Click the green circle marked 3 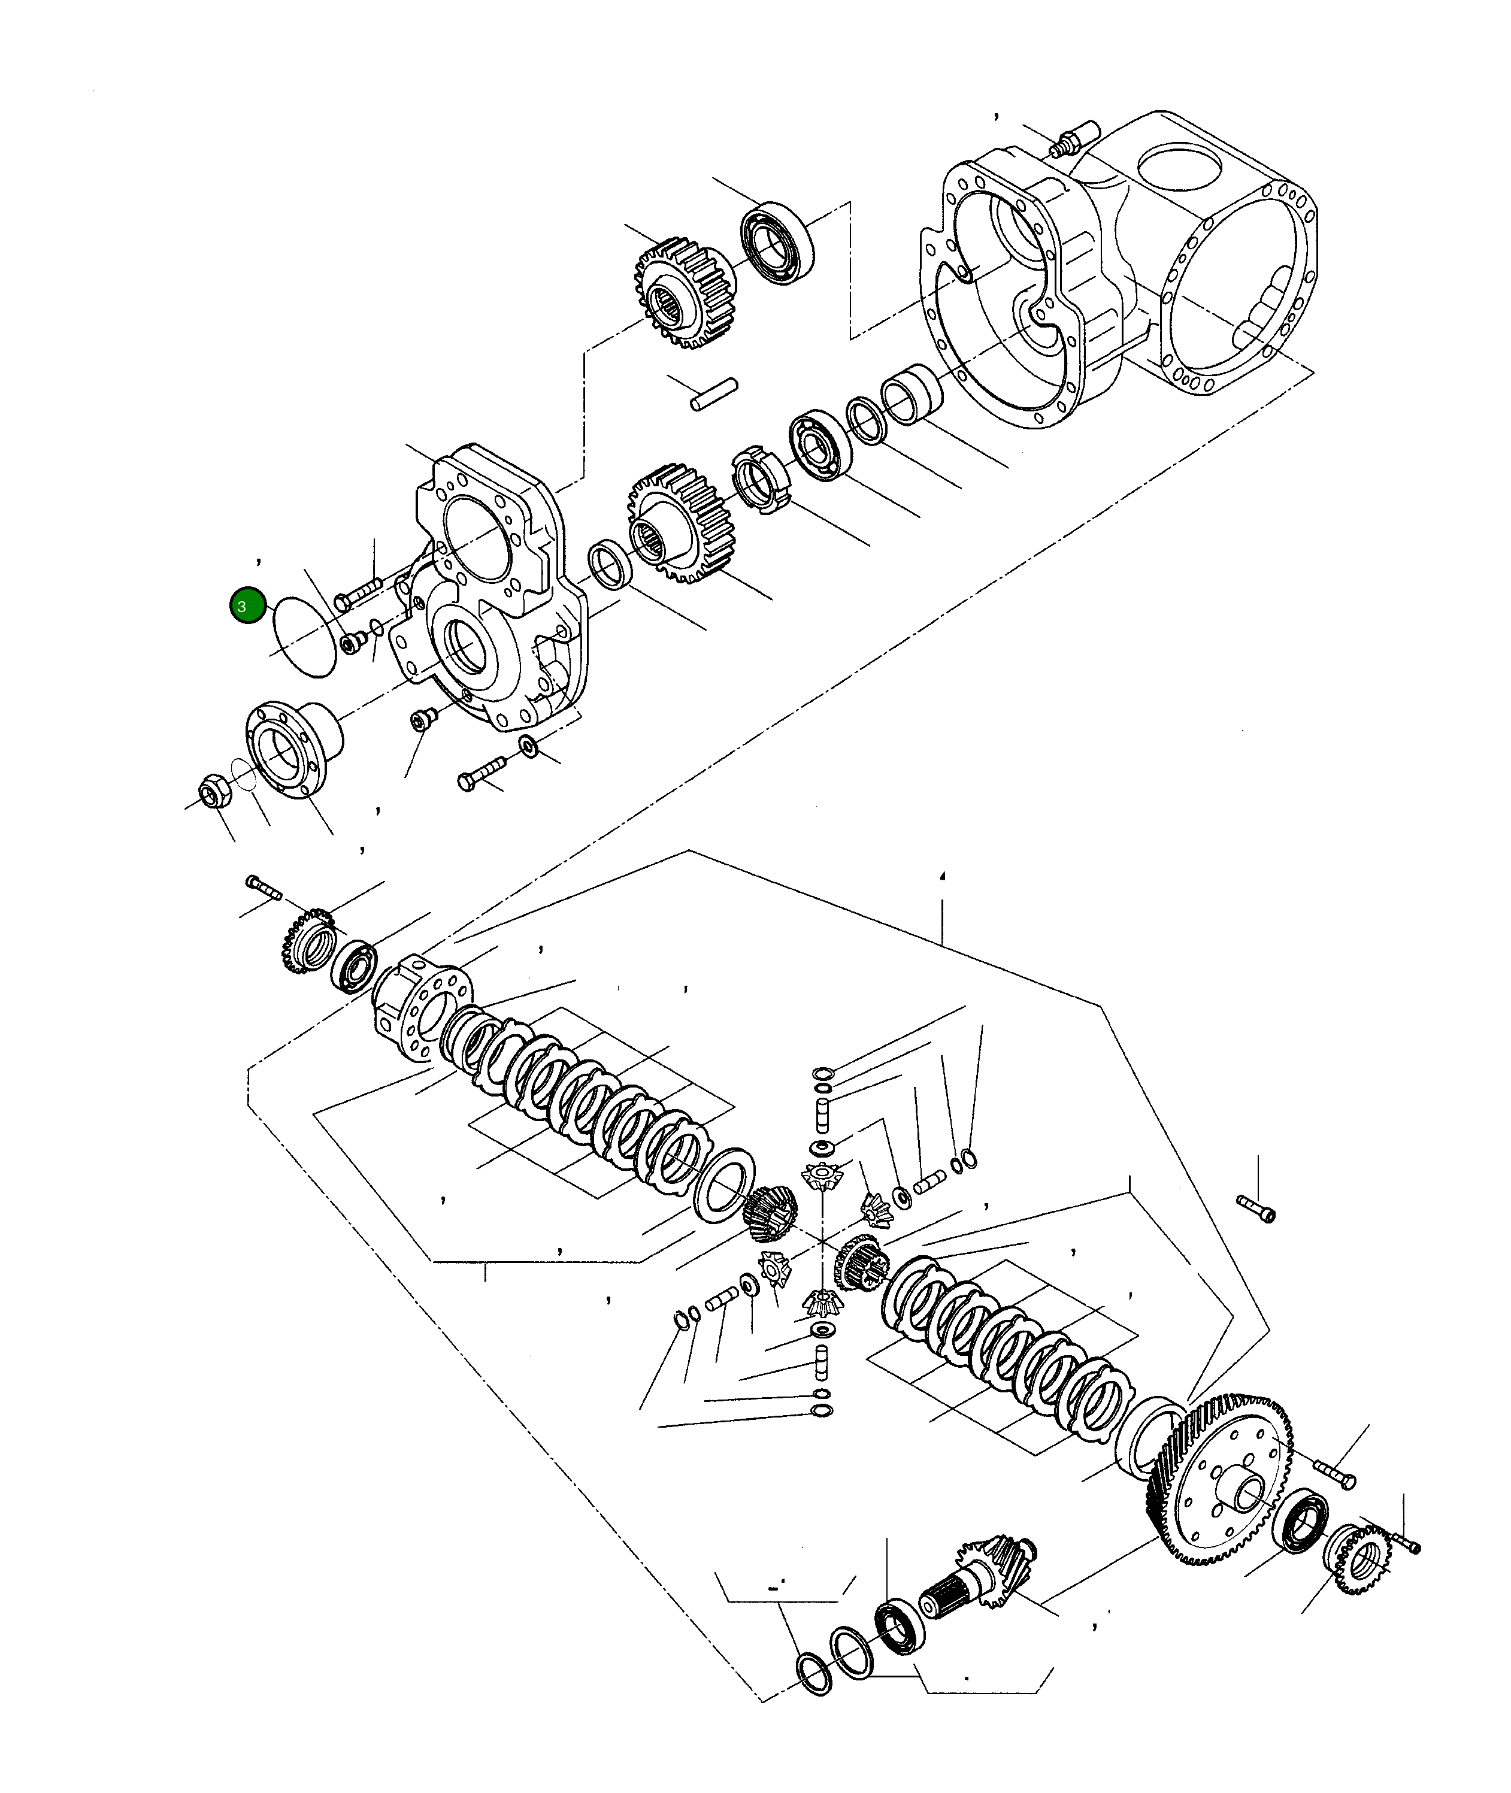(x=247, y=605)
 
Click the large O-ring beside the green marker (x=304, y=637)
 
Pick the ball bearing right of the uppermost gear (x=777, y=243)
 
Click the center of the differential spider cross (x=820, y=1242)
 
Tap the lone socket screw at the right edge (x=1256, y=1209)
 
